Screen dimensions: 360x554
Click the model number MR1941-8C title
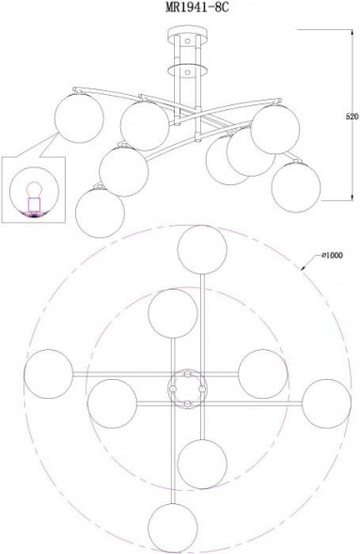197,8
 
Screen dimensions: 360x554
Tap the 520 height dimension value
352,117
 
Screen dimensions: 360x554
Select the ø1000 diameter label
332,255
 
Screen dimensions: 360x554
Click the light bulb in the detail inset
35,189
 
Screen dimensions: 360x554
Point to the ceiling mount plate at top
187,32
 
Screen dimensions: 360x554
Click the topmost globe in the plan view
202,250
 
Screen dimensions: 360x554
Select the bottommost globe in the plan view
173,528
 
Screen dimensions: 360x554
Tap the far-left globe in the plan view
48,373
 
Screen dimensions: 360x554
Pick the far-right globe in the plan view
326,404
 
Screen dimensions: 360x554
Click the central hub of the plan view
187,388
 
